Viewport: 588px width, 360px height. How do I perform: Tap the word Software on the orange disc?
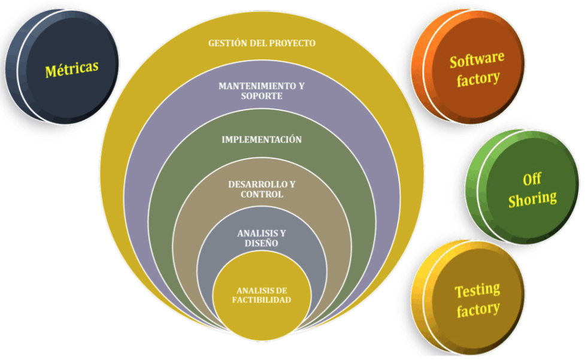(x=477, y=60)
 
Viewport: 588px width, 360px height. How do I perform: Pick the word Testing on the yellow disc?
(x=477, y=291)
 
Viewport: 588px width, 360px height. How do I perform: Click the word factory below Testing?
(x=478, y=310)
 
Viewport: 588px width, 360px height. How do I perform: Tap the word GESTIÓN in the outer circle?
(x=227, y=43)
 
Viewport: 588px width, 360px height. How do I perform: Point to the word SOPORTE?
(x=262, y=96)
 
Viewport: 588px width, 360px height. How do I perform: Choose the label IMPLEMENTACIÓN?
(x=261, y=140)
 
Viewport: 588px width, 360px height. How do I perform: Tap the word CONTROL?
(x=262, y=194)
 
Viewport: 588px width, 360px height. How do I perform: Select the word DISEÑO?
(x=262, y=243)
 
